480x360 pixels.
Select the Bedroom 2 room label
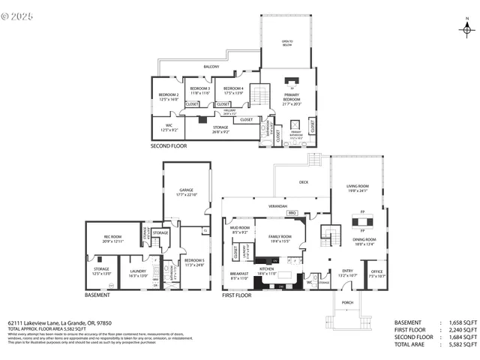coord(168,96)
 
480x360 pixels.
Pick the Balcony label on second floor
coord(211,67)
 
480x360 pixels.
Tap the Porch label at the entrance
coord(347,304)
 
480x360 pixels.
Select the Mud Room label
coord(240,229)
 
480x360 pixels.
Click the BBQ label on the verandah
coord(292,213)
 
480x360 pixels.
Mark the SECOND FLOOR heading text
coord(169,145)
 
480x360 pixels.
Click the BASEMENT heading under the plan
coord(97,295)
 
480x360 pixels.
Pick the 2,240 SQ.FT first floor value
coord(463,329)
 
